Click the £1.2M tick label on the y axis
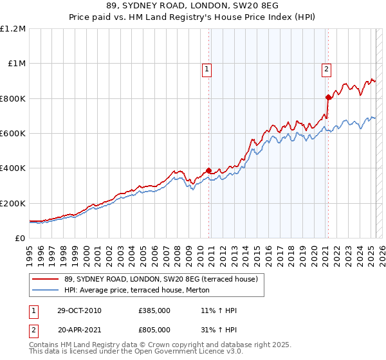[x=13, y=28]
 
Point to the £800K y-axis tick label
[x=13, y=98]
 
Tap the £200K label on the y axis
[x=13, y=203]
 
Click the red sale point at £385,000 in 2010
[x=208, y=171]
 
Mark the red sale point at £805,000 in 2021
[x=328, y=98]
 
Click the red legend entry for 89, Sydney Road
[x=161, y=279]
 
